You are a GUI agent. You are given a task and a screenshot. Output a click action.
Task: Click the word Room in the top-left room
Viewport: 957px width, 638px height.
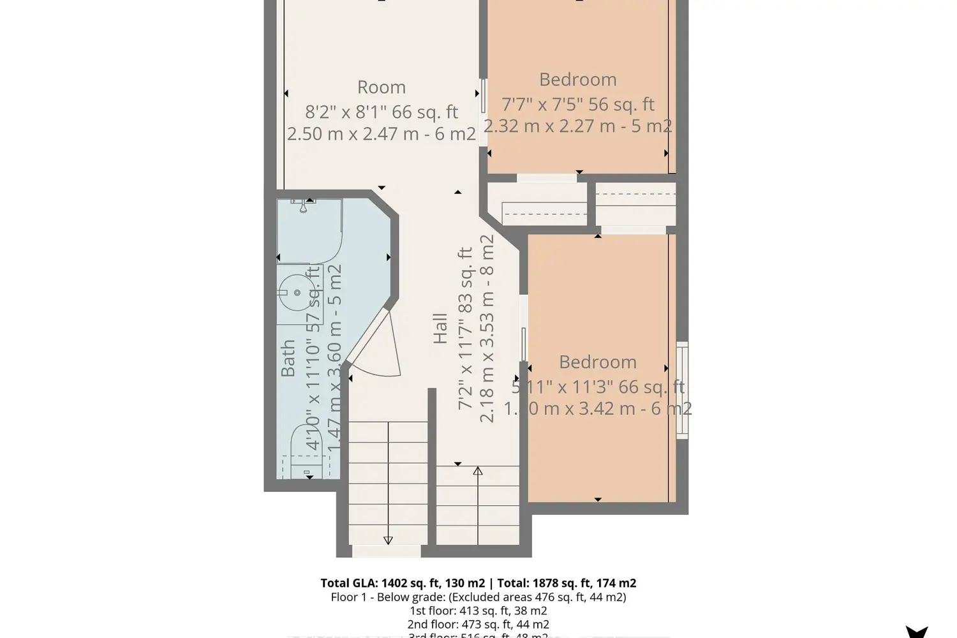click(x=381, y=87)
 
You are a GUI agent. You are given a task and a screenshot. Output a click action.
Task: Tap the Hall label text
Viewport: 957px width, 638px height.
click(x=440, y=329)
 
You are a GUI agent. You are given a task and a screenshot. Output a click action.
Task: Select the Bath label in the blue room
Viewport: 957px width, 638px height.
click(x=288, y=358)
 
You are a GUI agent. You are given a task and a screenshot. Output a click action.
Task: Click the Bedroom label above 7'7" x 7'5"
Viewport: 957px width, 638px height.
click(x=577, y=80)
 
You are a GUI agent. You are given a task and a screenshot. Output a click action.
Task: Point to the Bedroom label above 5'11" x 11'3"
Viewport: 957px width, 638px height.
click(x=597, y=362)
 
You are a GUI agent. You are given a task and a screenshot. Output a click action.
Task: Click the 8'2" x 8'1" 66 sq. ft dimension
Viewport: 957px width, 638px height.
click(x=381, y=112)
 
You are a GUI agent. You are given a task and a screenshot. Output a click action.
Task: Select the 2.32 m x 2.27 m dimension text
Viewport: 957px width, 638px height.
click(x=577, y=126)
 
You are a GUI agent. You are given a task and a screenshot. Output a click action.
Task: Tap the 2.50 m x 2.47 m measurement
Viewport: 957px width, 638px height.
click(x=381, y=134)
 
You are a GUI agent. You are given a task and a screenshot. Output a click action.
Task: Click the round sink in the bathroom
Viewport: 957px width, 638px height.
click(x=297, y=293)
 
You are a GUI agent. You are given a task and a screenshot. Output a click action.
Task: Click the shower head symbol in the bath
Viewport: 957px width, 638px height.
click(x=304, y=205)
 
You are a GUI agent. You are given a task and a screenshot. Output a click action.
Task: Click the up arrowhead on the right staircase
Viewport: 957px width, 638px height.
click(x=478, y=471)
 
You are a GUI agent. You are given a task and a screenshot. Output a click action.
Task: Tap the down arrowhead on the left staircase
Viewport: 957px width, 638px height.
click(x=388, y=540)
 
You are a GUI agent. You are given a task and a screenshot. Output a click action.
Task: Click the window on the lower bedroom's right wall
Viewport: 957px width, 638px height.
click(x=682, y=390)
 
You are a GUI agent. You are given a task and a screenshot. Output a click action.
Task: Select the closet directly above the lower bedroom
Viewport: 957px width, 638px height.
click(x=635, y=204)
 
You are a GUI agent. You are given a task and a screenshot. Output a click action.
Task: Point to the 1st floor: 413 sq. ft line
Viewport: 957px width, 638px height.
click(x=478, y=611)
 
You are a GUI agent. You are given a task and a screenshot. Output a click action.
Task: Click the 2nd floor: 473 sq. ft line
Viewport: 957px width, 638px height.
click(x=478, y=625)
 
